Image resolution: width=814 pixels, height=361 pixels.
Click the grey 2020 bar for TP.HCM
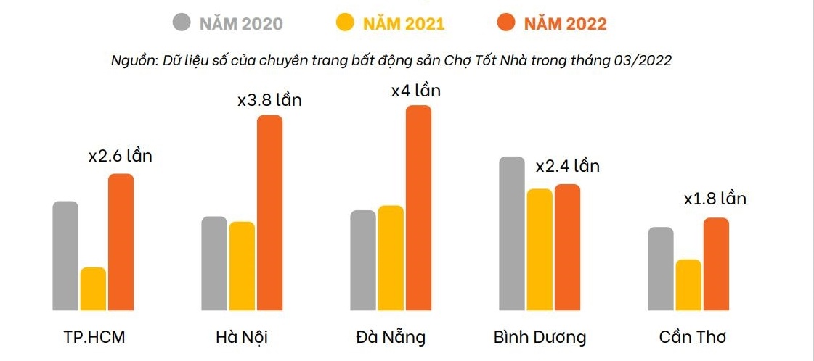point(65,256)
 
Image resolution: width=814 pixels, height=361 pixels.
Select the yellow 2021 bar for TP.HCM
point(93,289)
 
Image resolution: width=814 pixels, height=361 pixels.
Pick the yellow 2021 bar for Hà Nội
point(242,266)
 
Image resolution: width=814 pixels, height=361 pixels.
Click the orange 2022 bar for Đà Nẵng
point(418,208)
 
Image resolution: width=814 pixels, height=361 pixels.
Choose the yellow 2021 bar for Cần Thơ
point(688,285)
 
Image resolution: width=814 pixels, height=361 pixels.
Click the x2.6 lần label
point(120,156)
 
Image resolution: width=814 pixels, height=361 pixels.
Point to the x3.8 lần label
point(269,100)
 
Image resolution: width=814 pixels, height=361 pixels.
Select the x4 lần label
point(415,91)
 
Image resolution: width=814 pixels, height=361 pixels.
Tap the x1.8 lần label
point(715,199)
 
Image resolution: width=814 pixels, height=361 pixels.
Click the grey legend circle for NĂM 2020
point(182,22)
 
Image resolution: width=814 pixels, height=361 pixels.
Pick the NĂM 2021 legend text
point(404,23)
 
